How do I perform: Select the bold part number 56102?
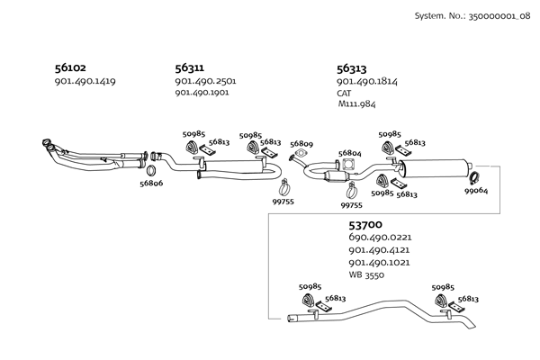click(x=72, y=67)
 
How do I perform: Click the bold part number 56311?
click(x=189, y=67)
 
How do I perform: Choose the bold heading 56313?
click(x=353, y=67)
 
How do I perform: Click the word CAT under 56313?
click(x=345, y=93)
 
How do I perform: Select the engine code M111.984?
click(x=356, y=104)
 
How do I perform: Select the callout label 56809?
click(x=301, y=144)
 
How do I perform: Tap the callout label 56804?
click(x=350, y=153)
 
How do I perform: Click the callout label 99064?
click(x=476, y=191)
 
